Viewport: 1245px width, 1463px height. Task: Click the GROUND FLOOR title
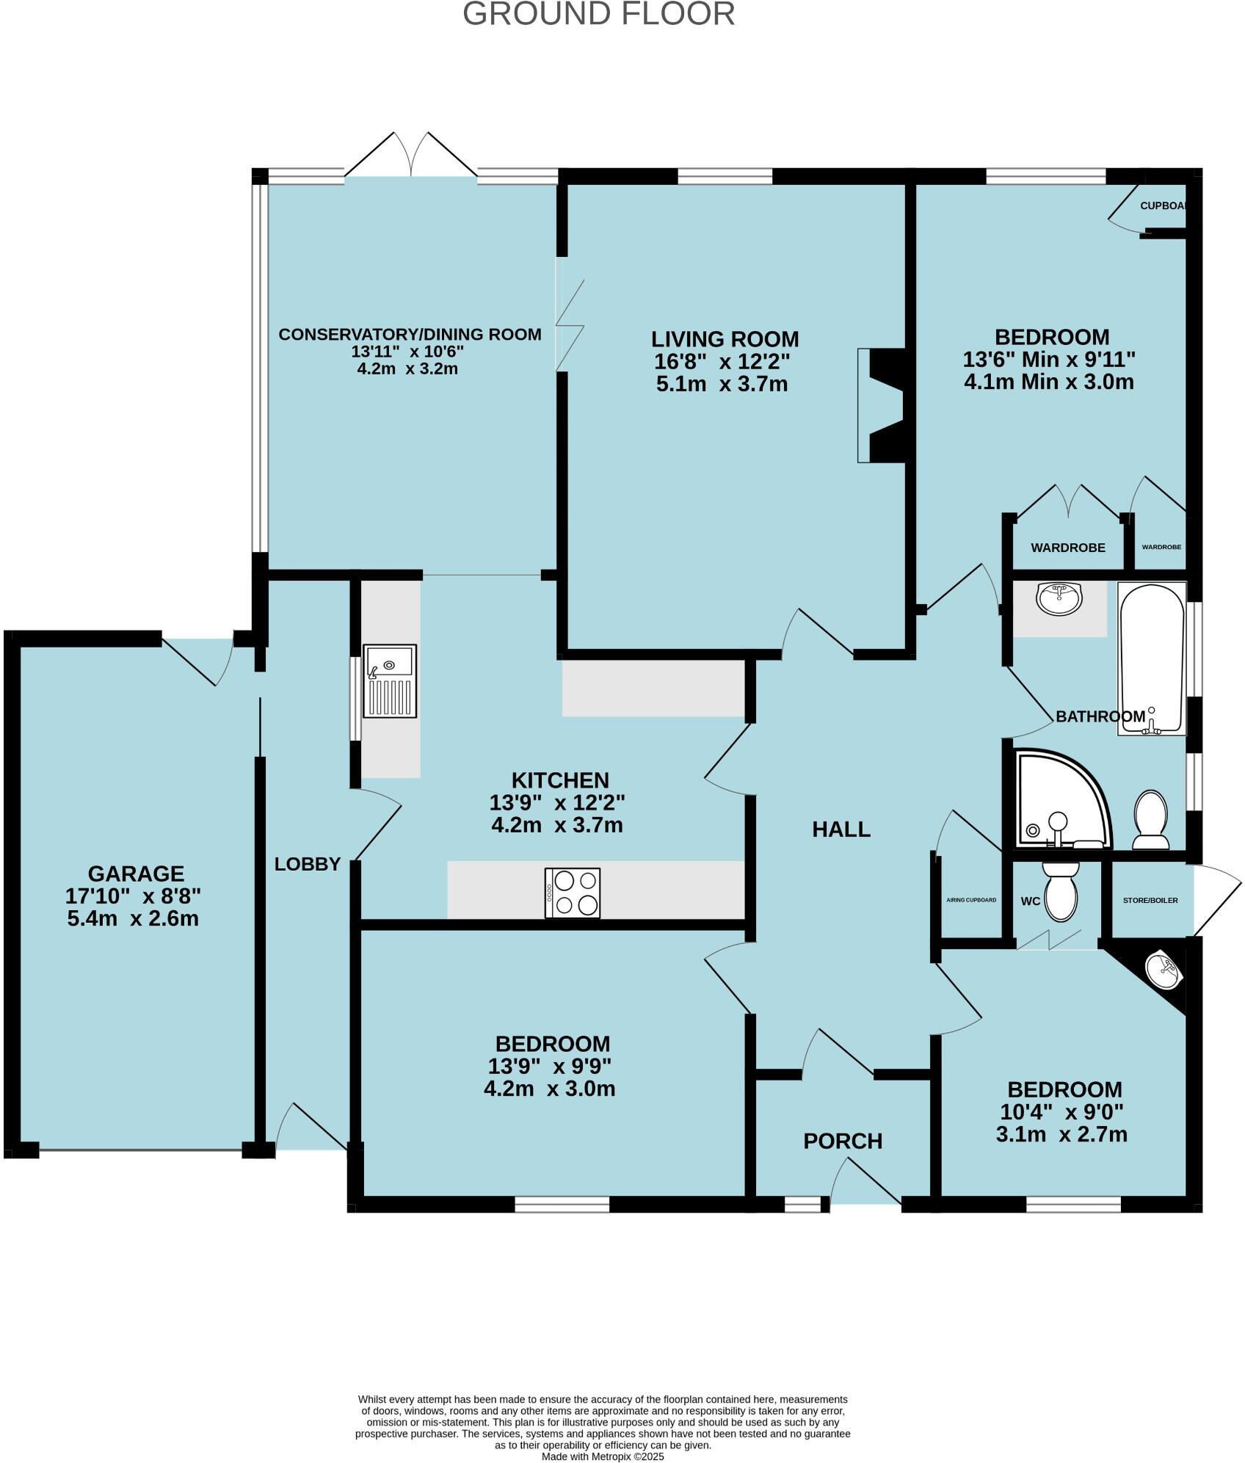click(x=598, y=15)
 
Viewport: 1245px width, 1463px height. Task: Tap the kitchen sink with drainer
click(x=390, y=680)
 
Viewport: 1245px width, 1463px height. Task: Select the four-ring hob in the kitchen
click(x=572, y=893)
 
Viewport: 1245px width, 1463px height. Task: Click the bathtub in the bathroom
click(x=1151, y=658)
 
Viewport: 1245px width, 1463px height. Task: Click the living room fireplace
click(x=882, y=405)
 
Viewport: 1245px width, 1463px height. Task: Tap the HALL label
click(x=841, y=829)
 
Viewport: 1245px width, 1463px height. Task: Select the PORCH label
click(x=842, y=1141)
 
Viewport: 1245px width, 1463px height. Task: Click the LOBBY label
click(x=307, y=864)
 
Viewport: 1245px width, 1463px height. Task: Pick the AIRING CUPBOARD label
click(x=971, y=900)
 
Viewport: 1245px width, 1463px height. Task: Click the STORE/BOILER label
click(x=1150, y=900)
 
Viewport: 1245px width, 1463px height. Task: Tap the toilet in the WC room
click(x=1060, y=890)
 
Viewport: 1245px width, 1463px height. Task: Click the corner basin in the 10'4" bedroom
click(x=1165, y=970)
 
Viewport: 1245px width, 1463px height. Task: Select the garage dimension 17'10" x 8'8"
click(x=133, y=896)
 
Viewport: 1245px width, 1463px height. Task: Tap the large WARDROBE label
click(x=1067, y=548)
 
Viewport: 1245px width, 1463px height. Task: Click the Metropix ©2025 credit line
click(x=602, y=1456)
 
